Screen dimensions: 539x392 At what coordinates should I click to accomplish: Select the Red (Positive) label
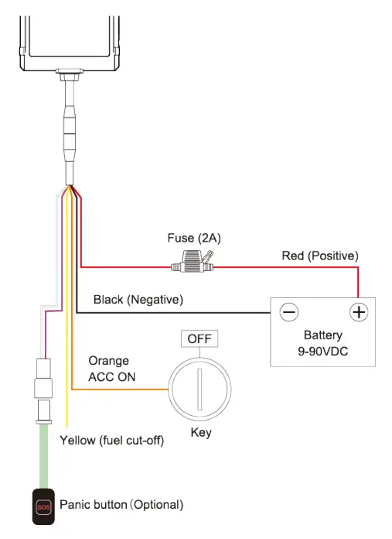pos(319,256)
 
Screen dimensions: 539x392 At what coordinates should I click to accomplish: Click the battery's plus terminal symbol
pos(358,312)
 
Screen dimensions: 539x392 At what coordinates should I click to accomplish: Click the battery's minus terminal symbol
pos(288,312)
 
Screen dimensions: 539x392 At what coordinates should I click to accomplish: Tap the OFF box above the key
pos(199,339)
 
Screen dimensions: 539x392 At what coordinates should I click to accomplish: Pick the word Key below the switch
pos(200,432)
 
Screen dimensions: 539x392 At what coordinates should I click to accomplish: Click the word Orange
pos(108,361)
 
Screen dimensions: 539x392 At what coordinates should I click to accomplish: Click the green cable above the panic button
pos(43,457)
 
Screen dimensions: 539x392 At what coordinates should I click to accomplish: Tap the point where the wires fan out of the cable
pos(70,187)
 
